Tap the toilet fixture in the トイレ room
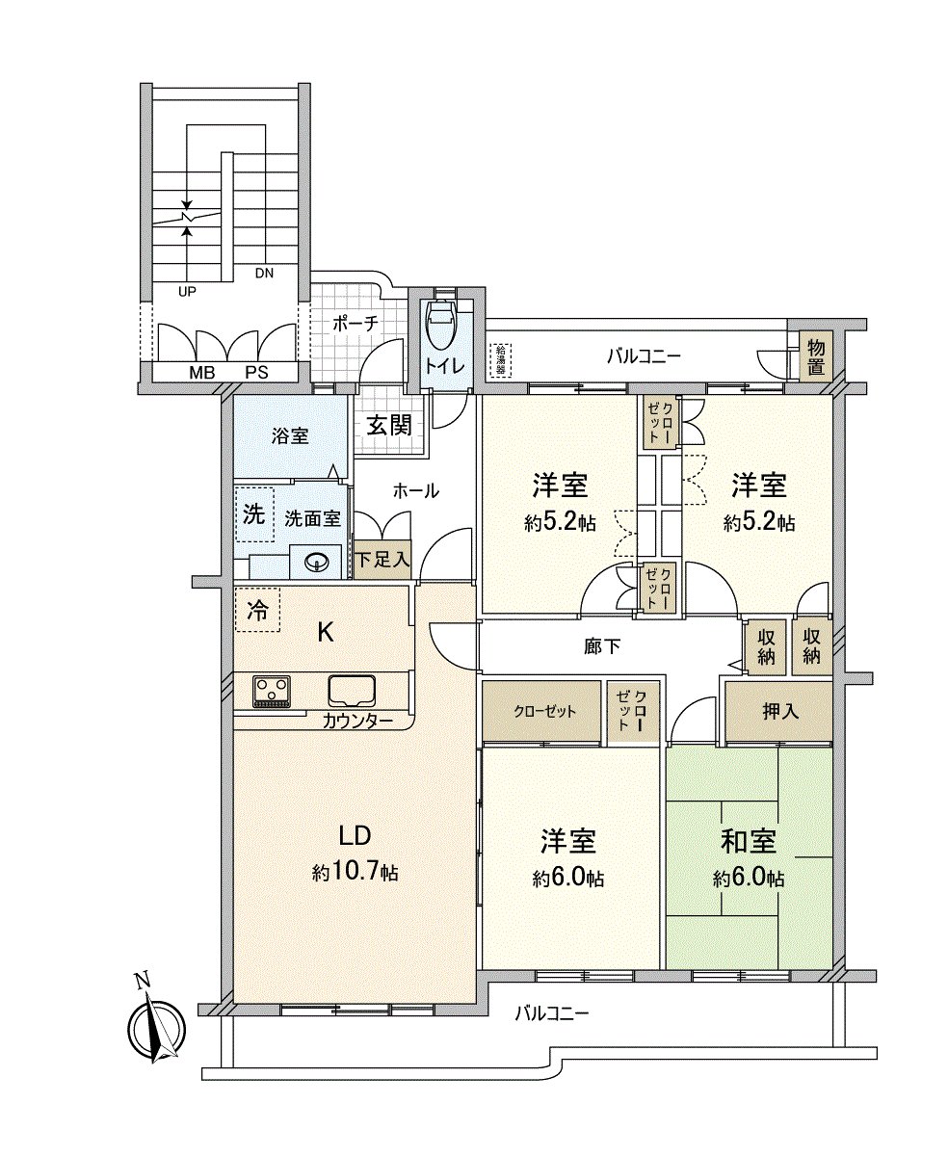(x=440, y=325)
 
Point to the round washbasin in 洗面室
(x=316, y=563)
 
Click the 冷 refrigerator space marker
(x=257, y=610)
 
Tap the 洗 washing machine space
(x=253, y=513)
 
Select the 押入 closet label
(x=779, y=711)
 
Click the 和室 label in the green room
(x=749, y=841)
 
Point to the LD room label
(x=354, y=835)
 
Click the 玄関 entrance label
(x=390, y=424)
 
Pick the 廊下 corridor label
(x=602, y=647)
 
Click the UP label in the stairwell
(x=187, y=288)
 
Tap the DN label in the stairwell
(x=264, y=273)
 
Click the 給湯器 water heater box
(x=501, y=359)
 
